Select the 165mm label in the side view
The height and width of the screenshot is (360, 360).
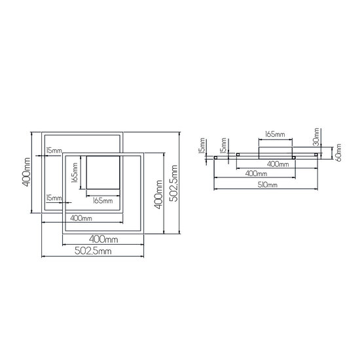coord(274,135)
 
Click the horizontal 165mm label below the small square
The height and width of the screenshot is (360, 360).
coord(102,200)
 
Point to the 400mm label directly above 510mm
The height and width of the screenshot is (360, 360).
coord(255,175)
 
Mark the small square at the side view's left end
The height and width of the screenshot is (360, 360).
coord(216,158)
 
